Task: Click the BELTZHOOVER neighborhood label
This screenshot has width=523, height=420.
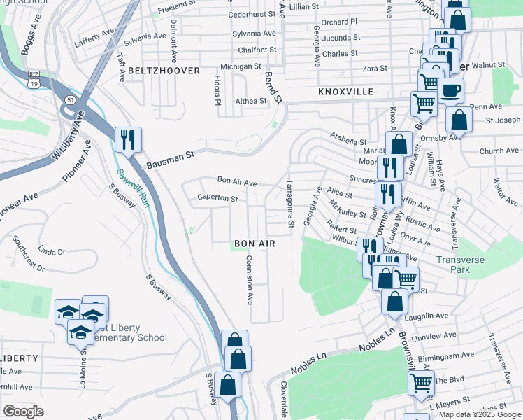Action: coord(164,71)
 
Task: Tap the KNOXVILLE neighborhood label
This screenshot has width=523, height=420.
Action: coord(345,92)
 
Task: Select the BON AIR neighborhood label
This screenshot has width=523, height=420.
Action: coord(254,243)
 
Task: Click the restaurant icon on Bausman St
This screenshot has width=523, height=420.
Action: coord(128,139)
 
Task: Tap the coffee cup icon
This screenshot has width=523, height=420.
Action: coord(451,90)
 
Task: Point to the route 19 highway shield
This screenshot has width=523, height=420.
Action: coord(34,83)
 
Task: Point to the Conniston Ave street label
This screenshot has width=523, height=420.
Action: coord(248,279)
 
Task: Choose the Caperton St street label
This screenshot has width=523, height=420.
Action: coord(217,198)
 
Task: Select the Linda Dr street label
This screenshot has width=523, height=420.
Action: coord(51,251)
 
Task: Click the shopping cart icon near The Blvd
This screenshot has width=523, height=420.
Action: coord(421,383)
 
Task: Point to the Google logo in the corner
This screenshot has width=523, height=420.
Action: coord(23,412)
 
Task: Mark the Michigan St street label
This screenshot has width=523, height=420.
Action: coord(240,66)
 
